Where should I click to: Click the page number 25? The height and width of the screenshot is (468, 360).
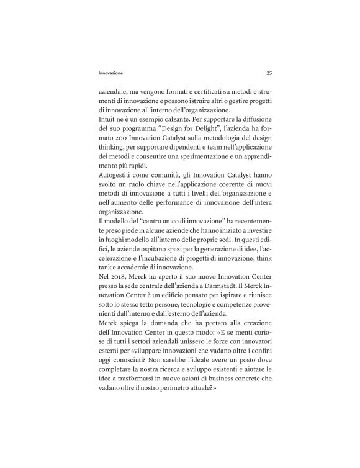click(269, 73)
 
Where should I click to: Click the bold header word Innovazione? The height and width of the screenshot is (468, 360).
click(106, 73)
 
